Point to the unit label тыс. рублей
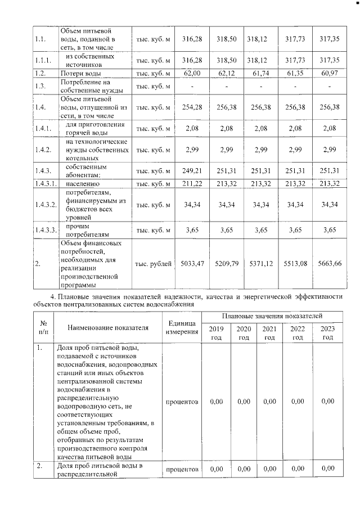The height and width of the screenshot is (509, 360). pyautogui.click(x=154, y=263)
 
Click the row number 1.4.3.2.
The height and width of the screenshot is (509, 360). pyautogui.click(x=45, y=203)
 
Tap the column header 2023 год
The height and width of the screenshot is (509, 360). pyautogui.click(x=327, y=333)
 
